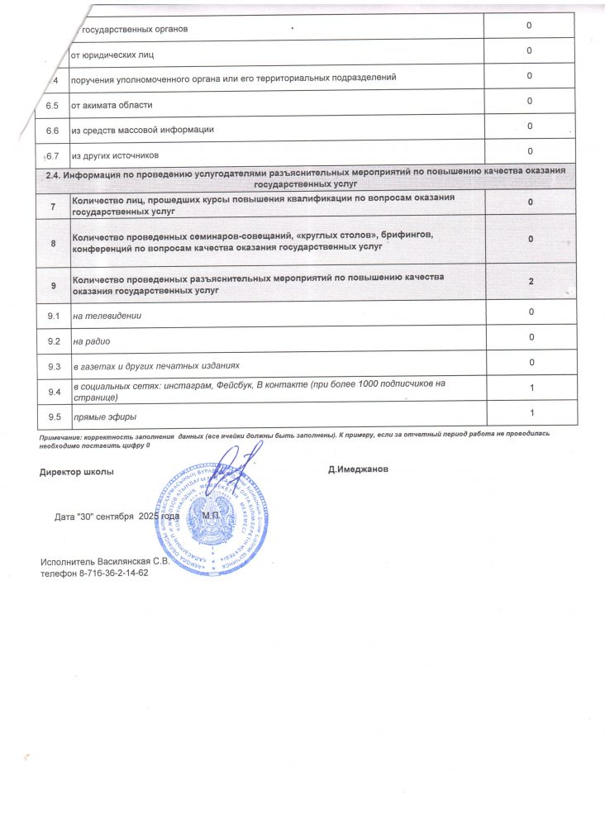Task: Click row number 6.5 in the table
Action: [x=53, y=105]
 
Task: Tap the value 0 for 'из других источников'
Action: [x=529, y=150]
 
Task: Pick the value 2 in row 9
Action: [x=531, y=282]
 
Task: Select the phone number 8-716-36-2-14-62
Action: [x=110, y=574]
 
